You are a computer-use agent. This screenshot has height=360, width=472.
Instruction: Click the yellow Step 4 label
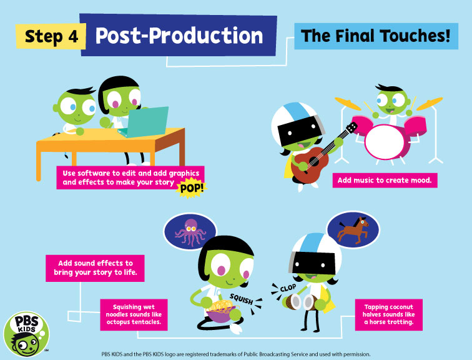(51, 36)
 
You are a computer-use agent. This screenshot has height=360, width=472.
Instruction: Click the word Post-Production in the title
(179, 36)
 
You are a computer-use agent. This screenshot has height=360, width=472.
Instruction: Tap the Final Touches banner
(376, 36)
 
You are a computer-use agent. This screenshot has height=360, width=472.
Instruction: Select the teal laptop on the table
(144, 122)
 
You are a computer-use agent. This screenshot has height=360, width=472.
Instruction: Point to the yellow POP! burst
(192, 189)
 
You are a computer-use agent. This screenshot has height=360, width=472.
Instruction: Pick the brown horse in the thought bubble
(353, 230)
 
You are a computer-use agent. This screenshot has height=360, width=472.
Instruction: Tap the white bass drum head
(385, 142)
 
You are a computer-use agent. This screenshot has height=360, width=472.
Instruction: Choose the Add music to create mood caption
(385, 180)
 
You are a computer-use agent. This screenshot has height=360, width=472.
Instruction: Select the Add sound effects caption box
(95, 268)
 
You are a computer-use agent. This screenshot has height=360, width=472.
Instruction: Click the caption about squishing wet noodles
(134, 314)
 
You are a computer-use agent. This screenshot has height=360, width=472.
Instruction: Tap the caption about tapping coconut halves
(388, 314)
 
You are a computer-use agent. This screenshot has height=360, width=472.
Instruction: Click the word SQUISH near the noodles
(241, 299)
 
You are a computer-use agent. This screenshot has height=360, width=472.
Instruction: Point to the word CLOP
(288, 288)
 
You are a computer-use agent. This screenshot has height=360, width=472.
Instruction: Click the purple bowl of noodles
(221, 313)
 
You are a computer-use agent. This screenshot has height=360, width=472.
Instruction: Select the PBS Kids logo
(26, 334)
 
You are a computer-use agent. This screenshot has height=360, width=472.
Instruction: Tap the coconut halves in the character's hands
(300, 302)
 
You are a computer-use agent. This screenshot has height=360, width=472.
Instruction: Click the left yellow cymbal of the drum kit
(348, 104)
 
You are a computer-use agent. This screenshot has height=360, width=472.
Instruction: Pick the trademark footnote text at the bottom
(236, 354)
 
